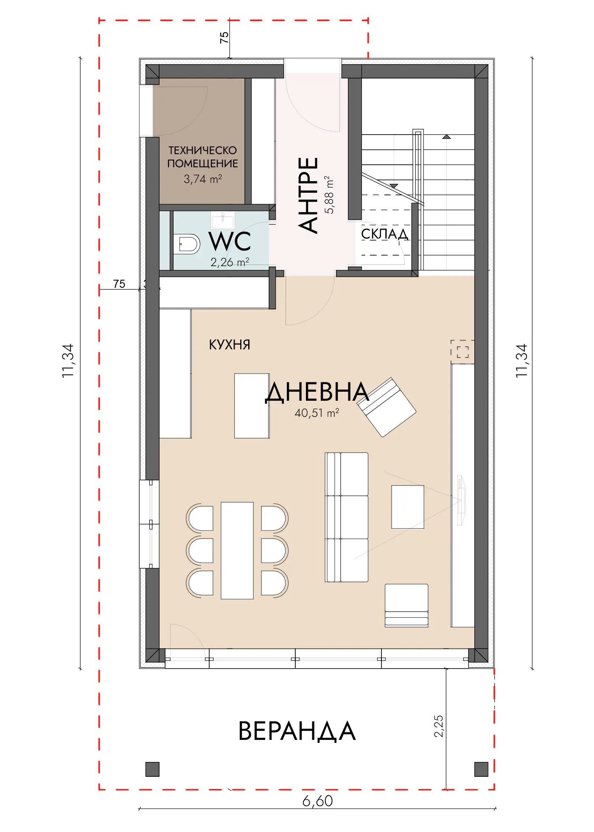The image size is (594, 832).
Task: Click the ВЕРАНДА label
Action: point(297,731)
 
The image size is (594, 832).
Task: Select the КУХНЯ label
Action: point(230,344)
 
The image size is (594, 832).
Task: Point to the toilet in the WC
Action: point(187,245)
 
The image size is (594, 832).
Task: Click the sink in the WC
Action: point(223,220)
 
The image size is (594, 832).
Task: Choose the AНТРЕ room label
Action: point(308,195)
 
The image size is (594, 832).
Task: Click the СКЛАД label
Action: point(384,234)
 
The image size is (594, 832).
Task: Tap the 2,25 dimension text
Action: point(439,726)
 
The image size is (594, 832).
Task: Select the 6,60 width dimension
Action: point(317,801)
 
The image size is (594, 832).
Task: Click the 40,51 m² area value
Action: point(317,413)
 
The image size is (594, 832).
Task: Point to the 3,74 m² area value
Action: point(203,179)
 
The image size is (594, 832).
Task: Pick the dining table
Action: point(237,551)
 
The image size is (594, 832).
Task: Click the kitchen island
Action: point(252,406)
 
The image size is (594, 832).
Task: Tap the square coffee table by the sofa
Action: point(408,507)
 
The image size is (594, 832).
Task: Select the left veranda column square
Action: point(152,769)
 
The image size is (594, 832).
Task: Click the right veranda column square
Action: point(481,769)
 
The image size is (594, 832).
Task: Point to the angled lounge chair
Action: point(387,407)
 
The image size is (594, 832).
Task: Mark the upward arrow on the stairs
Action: point(446,137)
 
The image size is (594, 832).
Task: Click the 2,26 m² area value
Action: point(230,262)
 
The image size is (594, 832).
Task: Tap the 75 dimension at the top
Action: point(224,37)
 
